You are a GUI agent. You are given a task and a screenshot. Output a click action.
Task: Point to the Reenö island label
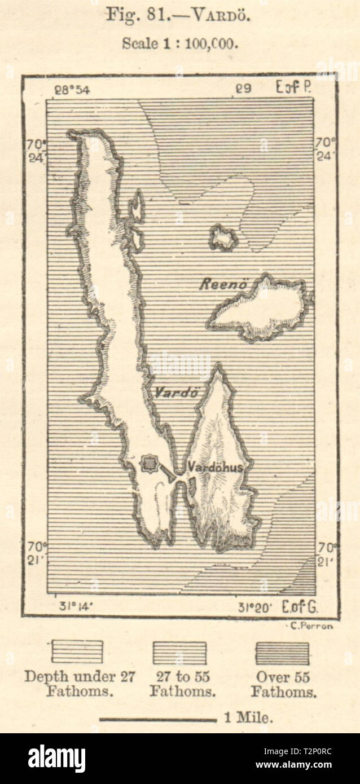[x=222, y=285]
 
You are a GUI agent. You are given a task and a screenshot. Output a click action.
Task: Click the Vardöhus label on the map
[x=215, y=467]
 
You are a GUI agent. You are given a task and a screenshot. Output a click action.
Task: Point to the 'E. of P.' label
[x=294, y=87]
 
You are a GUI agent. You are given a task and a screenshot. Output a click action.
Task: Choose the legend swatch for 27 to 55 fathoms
[x=179, y=653]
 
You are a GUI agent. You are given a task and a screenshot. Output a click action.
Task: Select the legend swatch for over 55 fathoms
[x=282, y=653]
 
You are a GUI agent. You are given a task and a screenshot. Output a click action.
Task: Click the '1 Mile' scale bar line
[x=158, y=720]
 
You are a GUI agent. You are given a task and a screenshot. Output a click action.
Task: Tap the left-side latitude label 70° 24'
[x=34, y=151]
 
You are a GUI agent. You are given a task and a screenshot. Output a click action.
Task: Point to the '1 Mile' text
[x=249, y=718]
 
